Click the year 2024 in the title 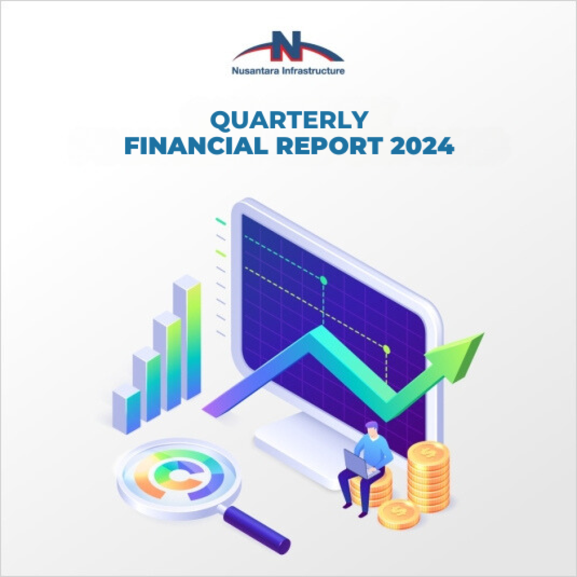[x=422, y=147]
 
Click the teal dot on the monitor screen [x=323, y=280]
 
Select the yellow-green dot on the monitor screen [x=387, y=349]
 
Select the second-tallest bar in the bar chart [x=167, y=361]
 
